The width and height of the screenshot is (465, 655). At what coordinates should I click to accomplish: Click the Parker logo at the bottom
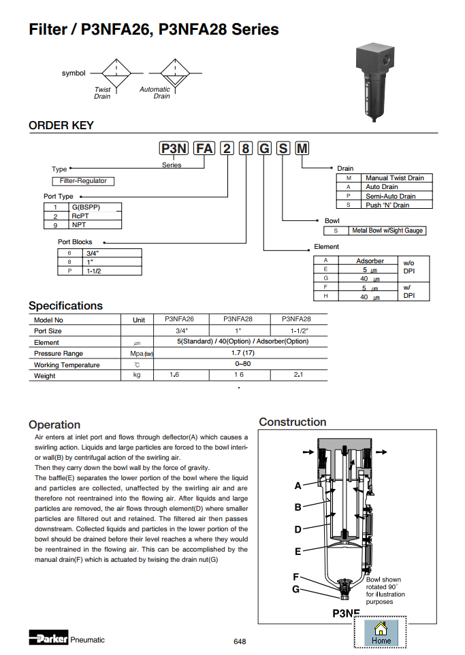point(48,639)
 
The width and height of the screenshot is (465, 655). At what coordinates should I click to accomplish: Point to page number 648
point(240,641)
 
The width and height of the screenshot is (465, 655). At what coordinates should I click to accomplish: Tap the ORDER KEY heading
point(61,125)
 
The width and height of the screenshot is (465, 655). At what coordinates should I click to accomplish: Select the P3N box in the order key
point(174,148)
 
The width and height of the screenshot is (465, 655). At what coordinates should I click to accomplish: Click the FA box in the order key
point(205,148)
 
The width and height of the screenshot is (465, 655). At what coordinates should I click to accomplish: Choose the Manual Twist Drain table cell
point(394,178)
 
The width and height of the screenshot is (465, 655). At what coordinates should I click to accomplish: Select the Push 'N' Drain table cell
point(387,205)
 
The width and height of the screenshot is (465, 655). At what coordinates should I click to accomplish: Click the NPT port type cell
point(79,224)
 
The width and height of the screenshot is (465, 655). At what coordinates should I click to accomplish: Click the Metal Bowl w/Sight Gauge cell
point(387,231)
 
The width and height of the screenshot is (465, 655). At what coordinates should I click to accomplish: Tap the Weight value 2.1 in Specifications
point(298,375)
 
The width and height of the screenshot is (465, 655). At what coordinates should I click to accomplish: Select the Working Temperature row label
point(67,365)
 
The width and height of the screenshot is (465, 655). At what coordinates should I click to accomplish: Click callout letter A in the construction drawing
point(298,486)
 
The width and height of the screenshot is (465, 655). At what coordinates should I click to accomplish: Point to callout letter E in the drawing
point(298,552)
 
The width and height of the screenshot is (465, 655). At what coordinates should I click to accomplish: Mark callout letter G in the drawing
point(295,589)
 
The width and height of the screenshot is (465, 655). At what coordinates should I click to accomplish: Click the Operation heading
point(54,424)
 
